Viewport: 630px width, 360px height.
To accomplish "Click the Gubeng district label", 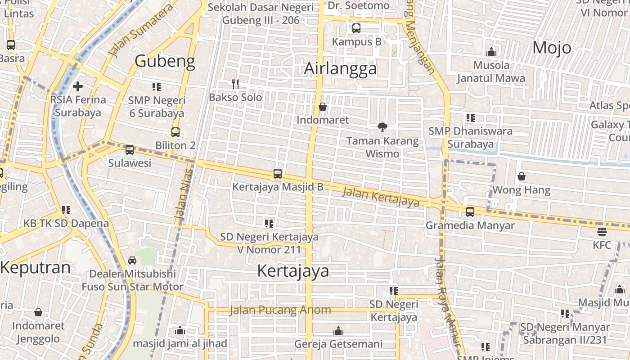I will (x=165, y=61).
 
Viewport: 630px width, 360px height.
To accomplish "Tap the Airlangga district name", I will (x=340, y=68).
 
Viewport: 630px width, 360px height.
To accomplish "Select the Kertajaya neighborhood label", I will (x=293, y=271).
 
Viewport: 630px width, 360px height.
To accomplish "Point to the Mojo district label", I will (x=552, y=48).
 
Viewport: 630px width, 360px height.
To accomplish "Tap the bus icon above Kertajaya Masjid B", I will (x=278, y=174).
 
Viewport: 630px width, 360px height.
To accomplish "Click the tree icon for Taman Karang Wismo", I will (x=382, y=127).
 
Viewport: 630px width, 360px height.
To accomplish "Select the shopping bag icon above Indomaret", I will (x=323, y=107).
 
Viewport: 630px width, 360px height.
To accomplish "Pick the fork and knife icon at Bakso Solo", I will (x=235, y=84).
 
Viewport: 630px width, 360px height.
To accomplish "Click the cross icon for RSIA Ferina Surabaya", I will (x=78, y=86).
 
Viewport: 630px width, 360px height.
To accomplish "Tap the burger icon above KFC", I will (x=602, y=232).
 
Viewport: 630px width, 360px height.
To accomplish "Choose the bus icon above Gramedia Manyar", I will (x=470, y=211).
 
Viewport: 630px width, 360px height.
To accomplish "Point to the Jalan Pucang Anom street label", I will (x=280, y=310).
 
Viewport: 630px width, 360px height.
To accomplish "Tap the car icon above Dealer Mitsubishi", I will (x=132, y=260).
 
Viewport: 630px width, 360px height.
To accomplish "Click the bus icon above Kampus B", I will (x=356, y=28).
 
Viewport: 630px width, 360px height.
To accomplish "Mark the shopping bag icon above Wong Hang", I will (x=522, y=176).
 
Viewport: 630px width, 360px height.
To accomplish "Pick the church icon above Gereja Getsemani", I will (x=338, y=331).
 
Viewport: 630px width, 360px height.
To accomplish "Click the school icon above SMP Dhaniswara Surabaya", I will (x=471, y=118).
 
